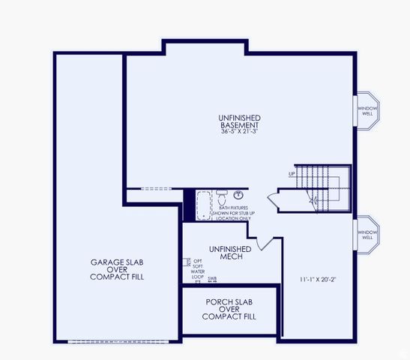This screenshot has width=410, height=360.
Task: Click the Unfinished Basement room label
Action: point(239,121)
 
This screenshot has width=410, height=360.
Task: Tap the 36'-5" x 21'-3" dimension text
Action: point(239,132)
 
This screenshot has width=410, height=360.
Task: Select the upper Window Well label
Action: point(367,111)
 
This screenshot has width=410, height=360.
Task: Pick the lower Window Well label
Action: point(367,234)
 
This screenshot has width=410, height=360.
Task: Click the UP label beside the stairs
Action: point(292,175)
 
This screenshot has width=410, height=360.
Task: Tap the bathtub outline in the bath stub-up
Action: point(205,205)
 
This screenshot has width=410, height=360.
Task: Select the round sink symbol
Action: point(238,196)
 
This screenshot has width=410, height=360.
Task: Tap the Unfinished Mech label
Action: point(226,253)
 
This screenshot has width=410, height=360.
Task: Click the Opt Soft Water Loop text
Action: point(197,268)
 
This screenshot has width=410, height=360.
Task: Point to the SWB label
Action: point(212,279)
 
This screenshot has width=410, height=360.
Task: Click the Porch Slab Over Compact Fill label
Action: point(229,309)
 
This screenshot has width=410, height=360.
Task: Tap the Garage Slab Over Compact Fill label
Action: point(117,270)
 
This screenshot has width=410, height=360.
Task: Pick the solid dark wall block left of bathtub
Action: point(189,204)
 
